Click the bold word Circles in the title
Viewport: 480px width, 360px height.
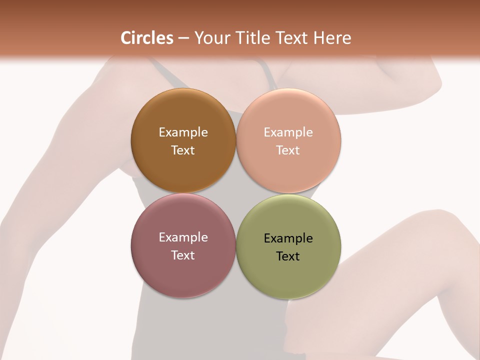coord(147,38)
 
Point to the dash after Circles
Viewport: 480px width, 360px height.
coord(183,38)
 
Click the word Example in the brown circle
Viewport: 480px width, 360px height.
coord(183,132)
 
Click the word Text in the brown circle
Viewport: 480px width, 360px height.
coord(183,150)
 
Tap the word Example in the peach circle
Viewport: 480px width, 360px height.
coord(288,132)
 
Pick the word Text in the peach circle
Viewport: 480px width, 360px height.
coord(288,150)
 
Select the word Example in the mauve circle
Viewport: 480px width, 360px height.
coord(183,237)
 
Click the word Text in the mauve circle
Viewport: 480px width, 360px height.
coord(183,255)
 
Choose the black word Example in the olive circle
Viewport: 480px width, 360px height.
coord(288,238)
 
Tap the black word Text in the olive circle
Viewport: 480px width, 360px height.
coord(288,256)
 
